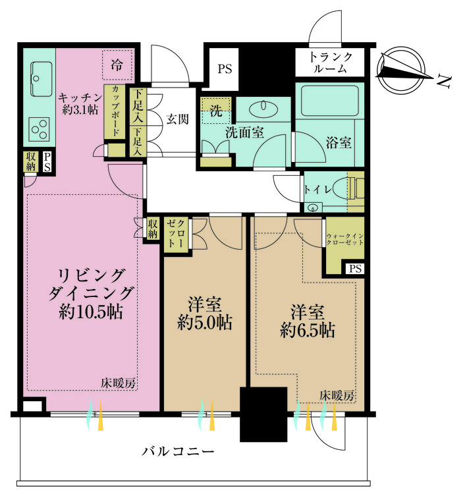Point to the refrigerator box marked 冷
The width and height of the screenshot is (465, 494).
[117, 65]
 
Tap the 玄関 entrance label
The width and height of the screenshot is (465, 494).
[177, 119]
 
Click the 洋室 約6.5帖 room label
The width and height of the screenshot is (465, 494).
[306, 319]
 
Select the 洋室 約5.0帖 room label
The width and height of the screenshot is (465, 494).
[204, 314]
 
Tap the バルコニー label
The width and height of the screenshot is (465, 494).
[178, 452]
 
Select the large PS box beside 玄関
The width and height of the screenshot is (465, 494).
[225, 68]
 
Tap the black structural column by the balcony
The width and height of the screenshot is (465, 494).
[263, 414]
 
